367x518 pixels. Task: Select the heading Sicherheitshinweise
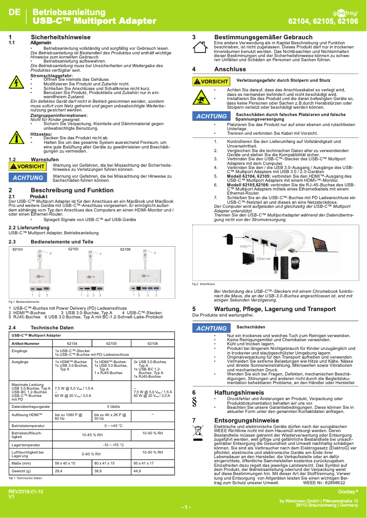tap(60, 37)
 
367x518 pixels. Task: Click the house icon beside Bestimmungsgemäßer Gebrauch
tap(200, 47)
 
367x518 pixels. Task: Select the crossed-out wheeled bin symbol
tap(198, 431)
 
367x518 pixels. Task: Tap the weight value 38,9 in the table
tap(98, 470)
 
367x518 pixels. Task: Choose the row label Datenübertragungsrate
tap(30, 393)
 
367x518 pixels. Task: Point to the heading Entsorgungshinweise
tap(247, 420)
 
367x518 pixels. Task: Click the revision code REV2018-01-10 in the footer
tap(26, 491)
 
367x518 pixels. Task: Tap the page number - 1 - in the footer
tap(186, 507)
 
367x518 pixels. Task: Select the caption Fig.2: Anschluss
tap(204, 284)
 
